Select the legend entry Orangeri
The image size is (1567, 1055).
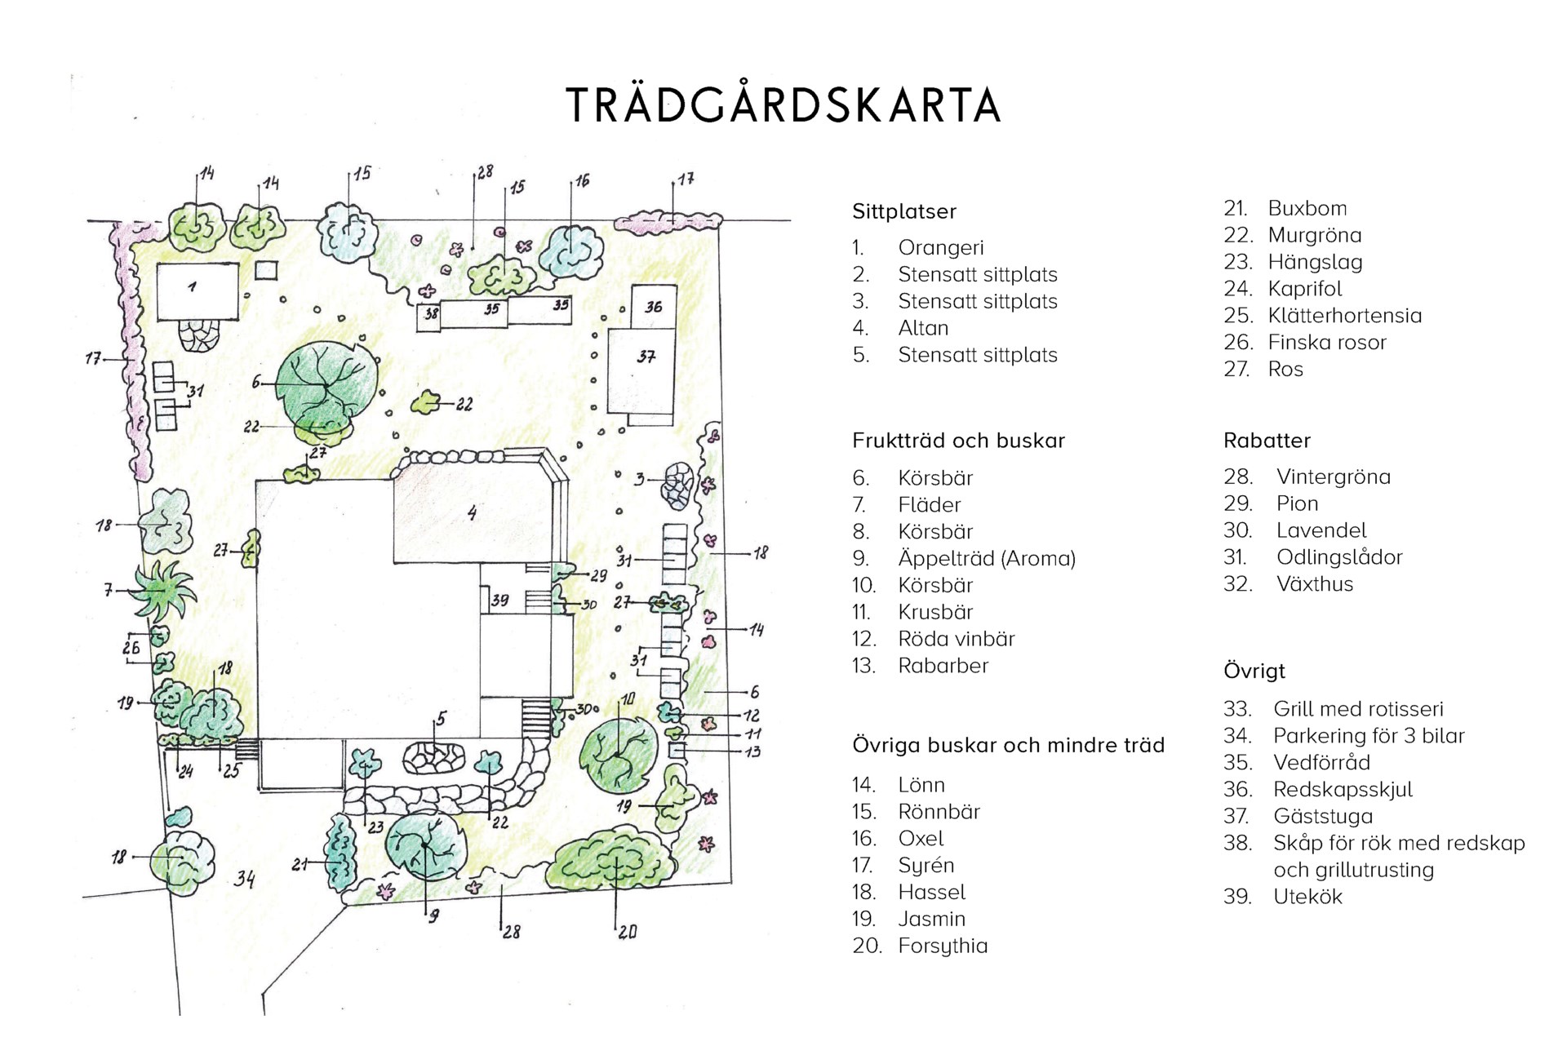tap(940, 247)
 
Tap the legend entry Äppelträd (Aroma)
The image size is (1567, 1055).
tap(987, 558)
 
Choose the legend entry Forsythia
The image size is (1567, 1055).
tap(943, 946)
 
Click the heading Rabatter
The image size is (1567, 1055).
tap(1267, 441)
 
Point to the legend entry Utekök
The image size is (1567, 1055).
tap(1307, 896)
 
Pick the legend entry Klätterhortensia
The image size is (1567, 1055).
tap(1344, 315)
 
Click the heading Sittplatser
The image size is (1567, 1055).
tap(904, 211)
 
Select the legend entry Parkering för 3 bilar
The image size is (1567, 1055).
tap(1369, 735)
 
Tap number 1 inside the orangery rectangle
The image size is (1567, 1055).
tap(192, 287)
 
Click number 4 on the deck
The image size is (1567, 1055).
tap(472, 513)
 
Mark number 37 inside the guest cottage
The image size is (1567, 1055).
tap(646, 357)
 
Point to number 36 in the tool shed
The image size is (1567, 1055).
tap(654, 307)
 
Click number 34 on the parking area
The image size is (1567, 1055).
tap(244, 879)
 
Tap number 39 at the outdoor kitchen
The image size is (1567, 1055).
tap(499, 600)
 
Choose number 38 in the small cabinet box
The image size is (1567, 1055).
tap(431, 313)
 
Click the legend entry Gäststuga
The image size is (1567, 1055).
tap(1323, 816)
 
